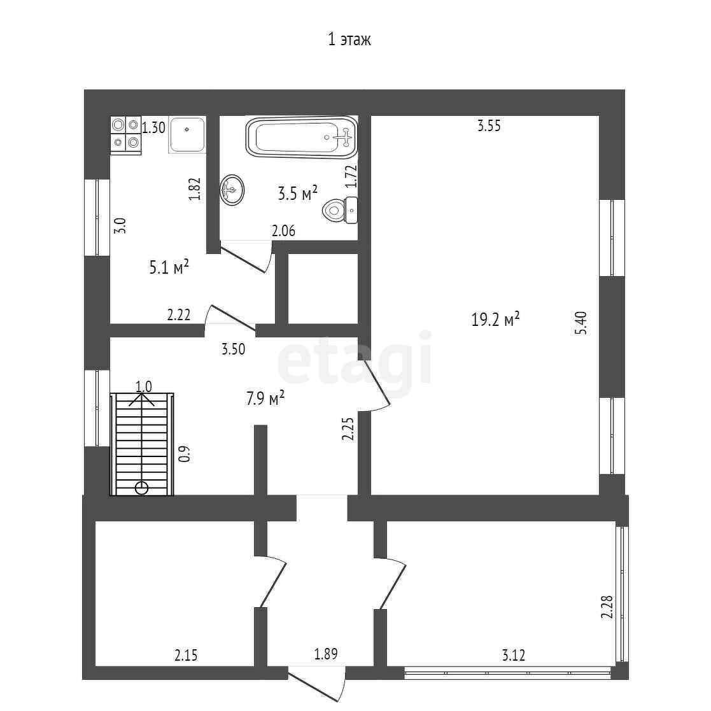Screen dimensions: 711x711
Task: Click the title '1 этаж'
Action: [x=349, y=39]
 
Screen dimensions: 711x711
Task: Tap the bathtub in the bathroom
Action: [x=301, y=137]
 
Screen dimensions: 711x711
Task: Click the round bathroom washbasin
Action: [x=232, y=190]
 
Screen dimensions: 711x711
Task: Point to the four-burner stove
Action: [x=125, y=135]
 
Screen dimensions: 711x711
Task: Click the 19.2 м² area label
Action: [x=495, y=320]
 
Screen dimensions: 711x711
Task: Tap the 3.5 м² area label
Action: [x=297, y=193]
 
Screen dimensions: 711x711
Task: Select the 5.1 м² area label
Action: [x=169, y=267]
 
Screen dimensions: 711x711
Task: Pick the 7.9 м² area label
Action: [x=265, y=399]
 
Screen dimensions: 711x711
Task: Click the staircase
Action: [x=142, y=444]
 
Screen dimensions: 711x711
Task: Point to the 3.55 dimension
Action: [x=489, y=126]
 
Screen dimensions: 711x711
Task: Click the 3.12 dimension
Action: [x=514, y=654]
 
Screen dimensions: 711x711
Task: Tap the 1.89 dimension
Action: [x=325, y=653]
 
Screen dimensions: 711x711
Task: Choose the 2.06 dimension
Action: [x=283, y=232]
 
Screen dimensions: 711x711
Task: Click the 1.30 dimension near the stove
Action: [x=153, y=128]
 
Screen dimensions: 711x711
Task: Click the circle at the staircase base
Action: [x=141, y=488]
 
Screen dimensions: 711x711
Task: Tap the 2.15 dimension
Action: [x=186, y=654]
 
